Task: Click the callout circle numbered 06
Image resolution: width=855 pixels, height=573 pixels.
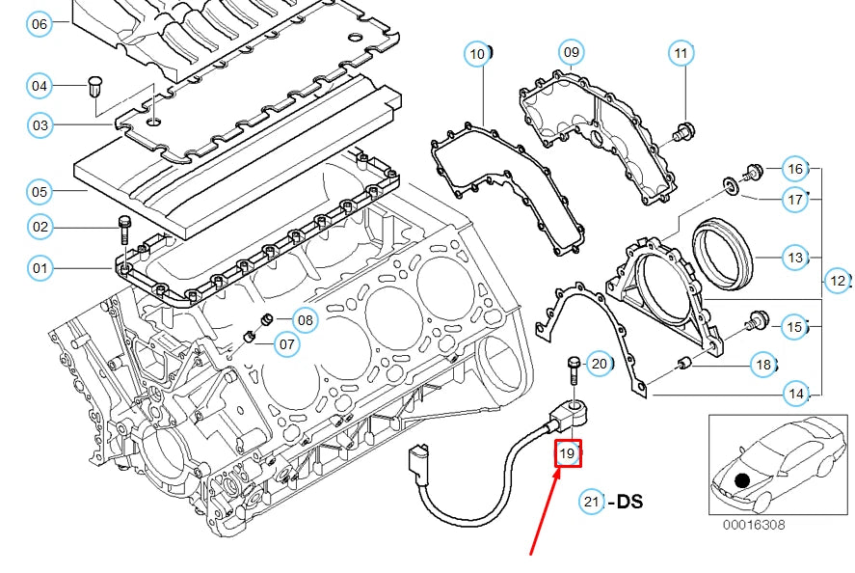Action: point(39,23)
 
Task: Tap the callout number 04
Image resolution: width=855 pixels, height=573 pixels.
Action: point(39,86)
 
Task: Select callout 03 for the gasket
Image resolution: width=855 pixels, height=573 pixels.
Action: point(39,124)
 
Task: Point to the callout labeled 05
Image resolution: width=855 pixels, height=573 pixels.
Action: point(39,191)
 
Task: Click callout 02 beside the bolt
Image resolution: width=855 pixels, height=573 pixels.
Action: point(39,227)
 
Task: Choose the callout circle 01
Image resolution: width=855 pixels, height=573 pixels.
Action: point(39,267)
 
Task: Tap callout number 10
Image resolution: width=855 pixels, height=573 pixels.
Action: point(478,54)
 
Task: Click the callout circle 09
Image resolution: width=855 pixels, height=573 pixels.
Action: point(571,51)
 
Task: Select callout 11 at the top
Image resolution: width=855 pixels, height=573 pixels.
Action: point(681,53)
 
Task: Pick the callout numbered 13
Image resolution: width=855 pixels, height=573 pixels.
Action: point(794,258)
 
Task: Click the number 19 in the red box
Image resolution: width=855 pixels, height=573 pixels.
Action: point(567,451)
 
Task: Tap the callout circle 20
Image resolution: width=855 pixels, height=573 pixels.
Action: point(598,364)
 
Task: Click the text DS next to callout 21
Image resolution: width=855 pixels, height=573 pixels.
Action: point(628,502)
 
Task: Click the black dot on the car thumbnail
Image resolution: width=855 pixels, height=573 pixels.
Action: point(740,479)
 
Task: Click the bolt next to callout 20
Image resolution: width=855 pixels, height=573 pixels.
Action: point(574,371)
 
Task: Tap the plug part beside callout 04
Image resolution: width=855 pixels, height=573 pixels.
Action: point(94,85)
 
